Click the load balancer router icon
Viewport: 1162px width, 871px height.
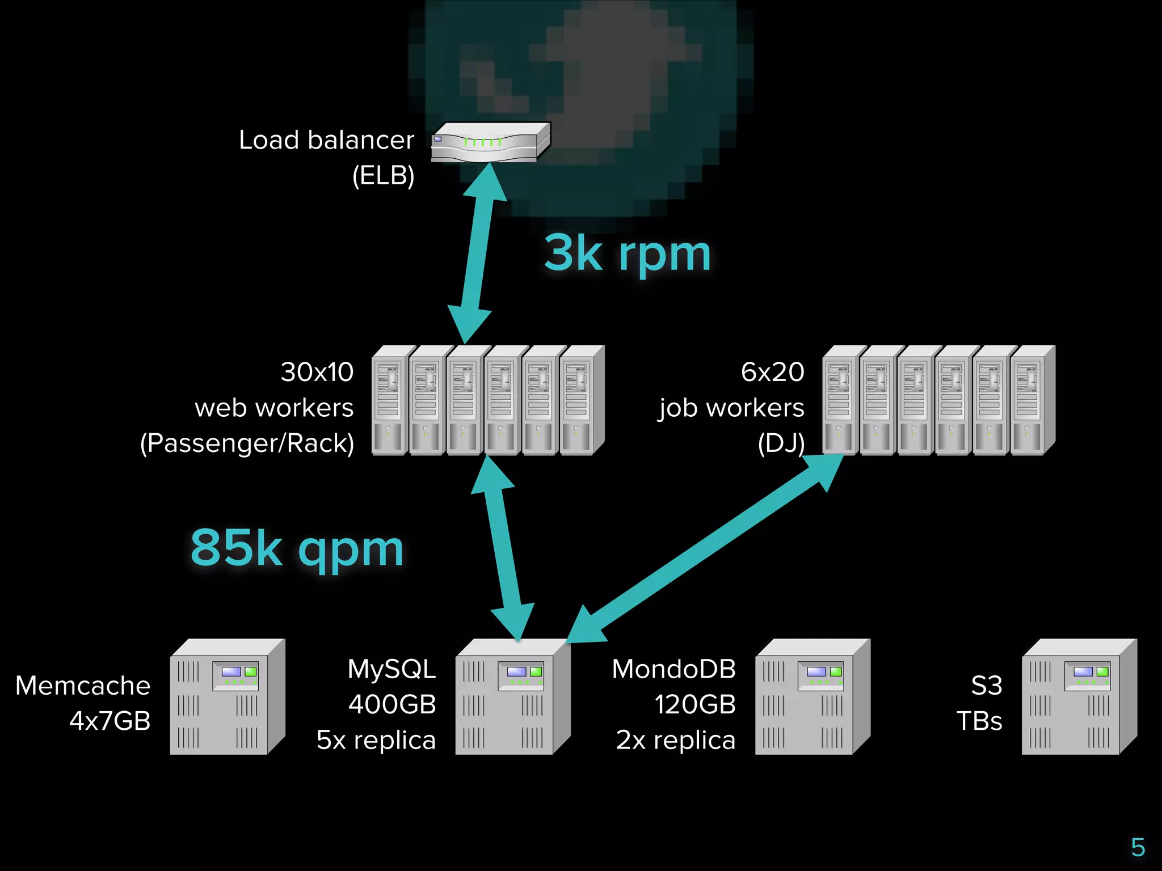click(x=490, y=142)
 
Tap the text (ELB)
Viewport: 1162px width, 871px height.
click(x=383, y=175)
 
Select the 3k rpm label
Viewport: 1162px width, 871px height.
click(x=628, y=255)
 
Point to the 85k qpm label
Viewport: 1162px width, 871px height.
click(x=297, y=548)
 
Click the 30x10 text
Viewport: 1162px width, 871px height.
click(x=317, y=373)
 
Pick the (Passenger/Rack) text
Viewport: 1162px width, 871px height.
click(x=247, y=443)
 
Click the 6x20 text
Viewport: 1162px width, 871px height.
click(x=772, y=373)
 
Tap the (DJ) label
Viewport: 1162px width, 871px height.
click(x=781, y=443)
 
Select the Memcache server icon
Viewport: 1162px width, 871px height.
click(x=227, y=697)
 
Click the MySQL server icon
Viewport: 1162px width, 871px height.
click(x=512, y=697)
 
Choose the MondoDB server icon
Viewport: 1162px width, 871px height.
click(x=812, y=697)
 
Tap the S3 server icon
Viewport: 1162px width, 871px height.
click(x=1079, y=697)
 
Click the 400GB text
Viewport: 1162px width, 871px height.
click(x=392, y=705)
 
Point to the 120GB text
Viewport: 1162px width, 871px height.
click(x=695, y=705)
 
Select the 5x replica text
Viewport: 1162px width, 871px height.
click(x=376, y=740)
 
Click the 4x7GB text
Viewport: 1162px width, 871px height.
click(x=110, y=721)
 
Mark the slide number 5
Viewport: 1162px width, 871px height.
click(x=1138, y=848)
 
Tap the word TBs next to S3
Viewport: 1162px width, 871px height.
click(x=979, y=721)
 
